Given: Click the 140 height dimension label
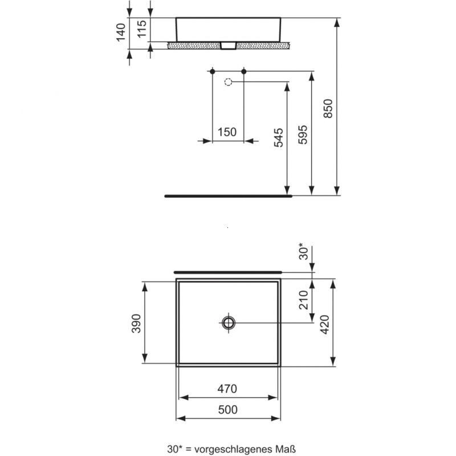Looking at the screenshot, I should point(120,33).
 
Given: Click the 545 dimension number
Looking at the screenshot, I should point(278,137).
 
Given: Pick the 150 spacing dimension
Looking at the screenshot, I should point(227,132).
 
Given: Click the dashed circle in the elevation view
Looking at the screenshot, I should point(229,82).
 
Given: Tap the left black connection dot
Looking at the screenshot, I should point(212,71).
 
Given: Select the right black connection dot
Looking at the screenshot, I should point(244,71).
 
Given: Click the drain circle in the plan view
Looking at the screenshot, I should point(229,323).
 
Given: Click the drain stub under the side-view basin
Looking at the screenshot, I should point(229,46).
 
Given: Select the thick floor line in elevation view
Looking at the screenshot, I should point(229,195).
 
